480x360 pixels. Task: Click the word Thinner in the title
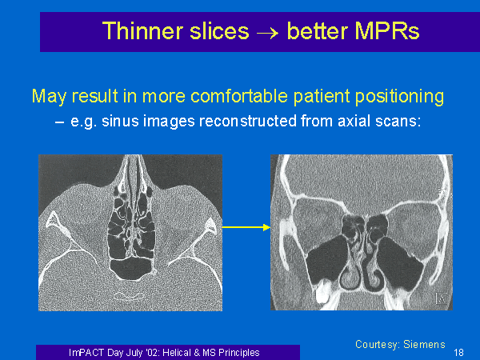pyautogui.click(x=143, y=31)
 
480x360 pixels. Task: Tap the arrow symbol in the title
pyautogui.click(x=268, y=33)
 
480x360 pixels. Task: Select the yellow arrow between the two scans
pyautogui.click(x=246, y=227)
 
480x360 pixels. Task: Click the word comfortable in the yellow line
pyautogui.click(x=238, y=96)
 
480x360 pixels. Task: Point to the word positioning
pyautogui.click(x=399, y=98)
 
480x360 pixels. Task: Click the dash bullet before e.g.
pyautogui.click(x=59, y=122)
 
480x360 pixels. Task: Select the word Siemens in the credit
pyautogui.click(x=424, y=344)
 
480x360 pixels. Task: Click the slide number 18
pyautogui.click(x=458, y=353)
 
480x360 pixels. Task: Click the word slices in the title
pyautogui.click(x=219, y=31)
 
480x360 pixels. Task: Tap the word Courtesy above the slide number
pyautogui.click(x=378, y=345)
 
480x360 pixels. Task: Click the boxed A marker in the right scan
pyautogui.click(x=441, y=298)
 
